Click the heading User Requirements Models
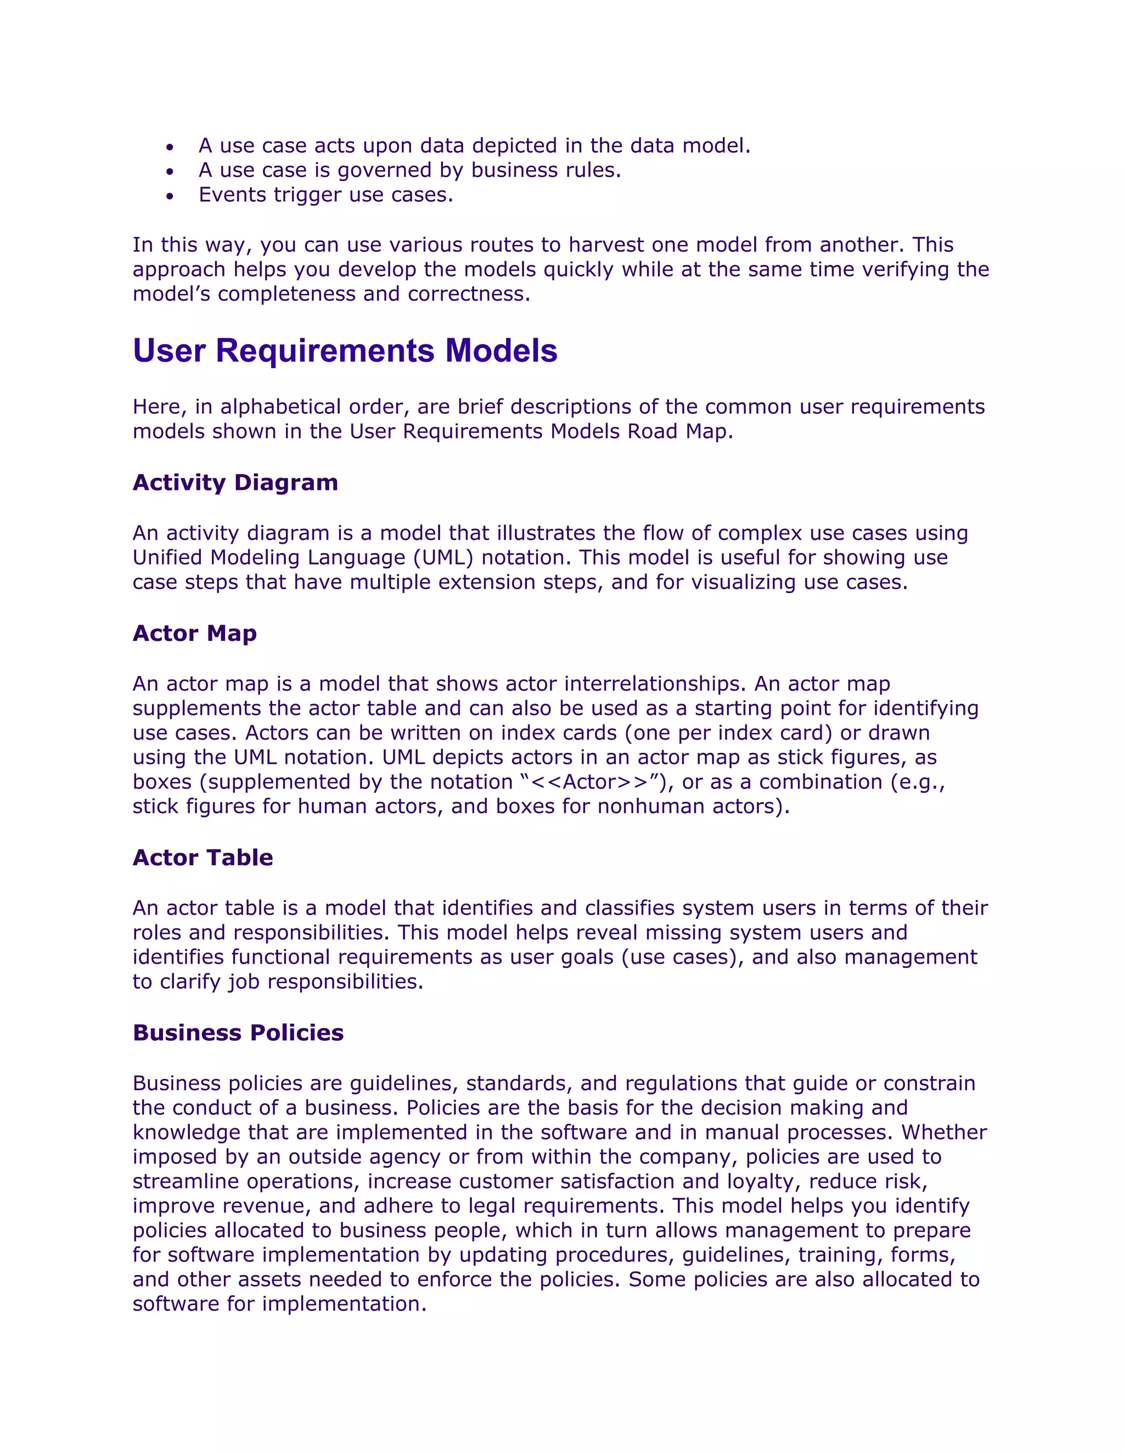[345, 351]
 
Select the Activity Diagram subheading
[235, 483]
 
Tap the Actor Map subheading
[194, 633]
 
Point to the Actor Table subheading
[203, 858]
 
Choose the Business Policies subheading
[238, 1033]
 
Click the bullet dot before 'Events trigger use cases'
[171, 196]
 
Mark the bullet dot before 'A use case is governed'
[171, 172]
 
